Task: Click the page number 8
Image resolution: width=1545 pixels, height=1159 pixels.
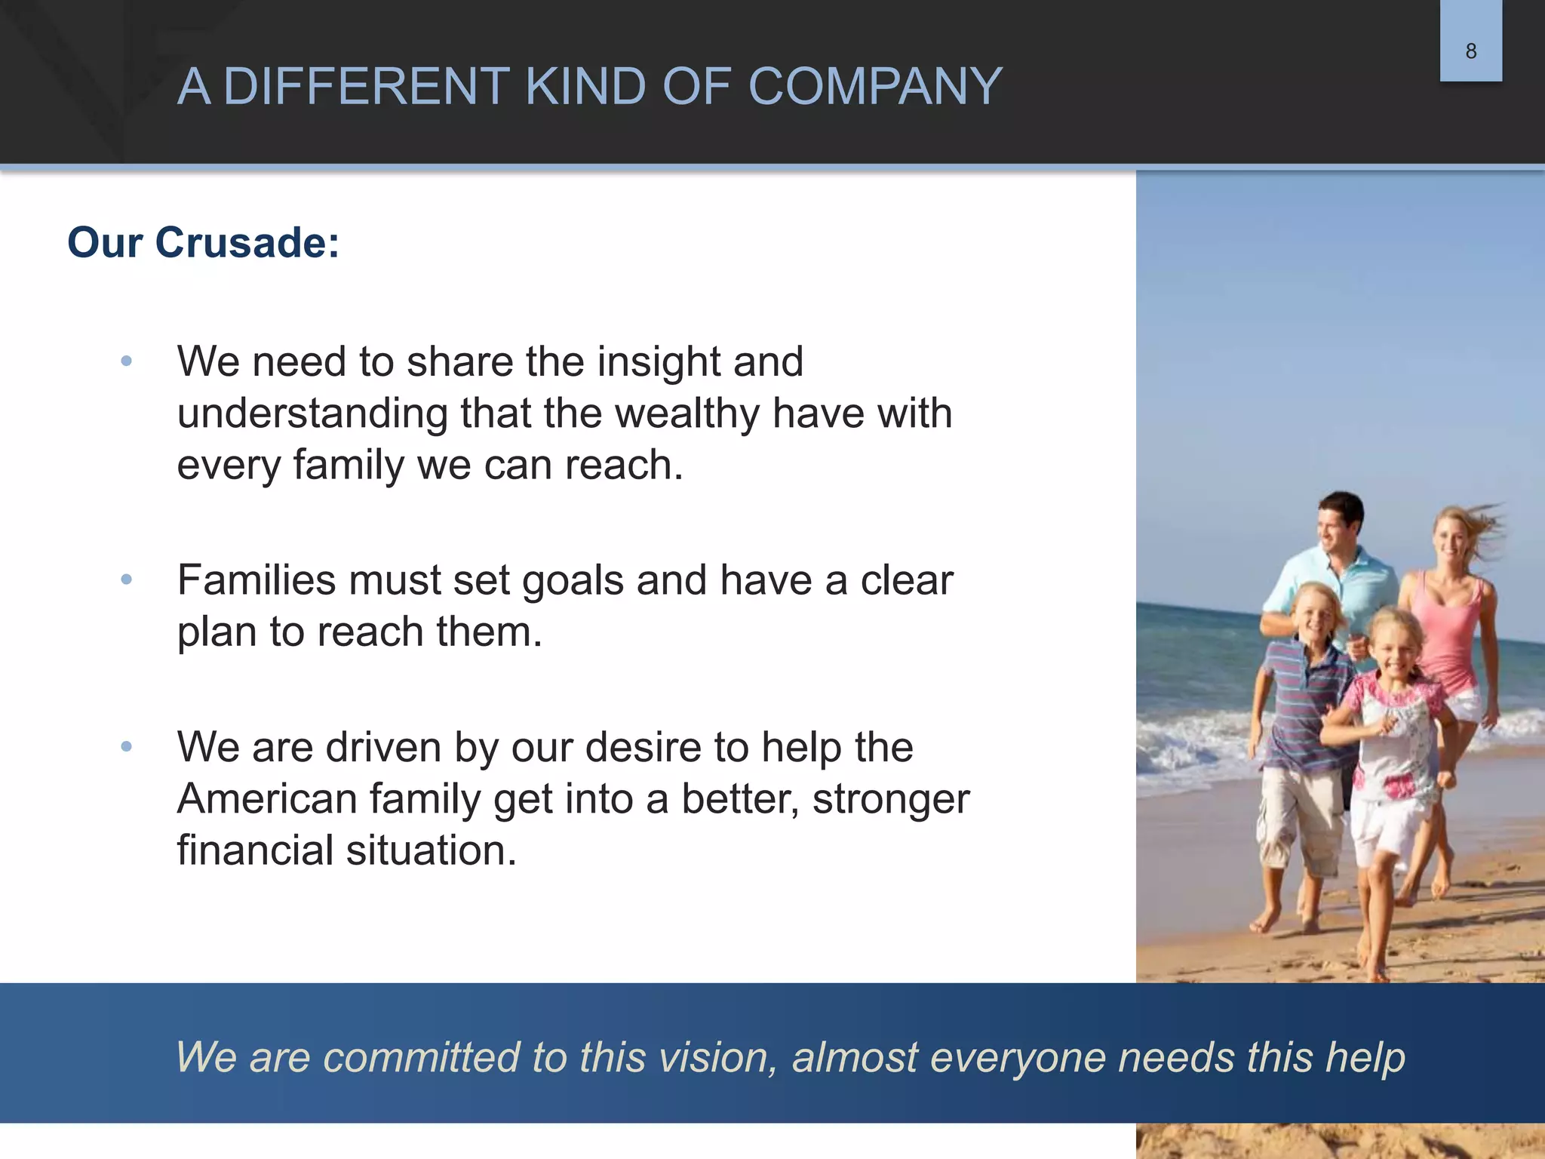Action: click(x=1470, y=51)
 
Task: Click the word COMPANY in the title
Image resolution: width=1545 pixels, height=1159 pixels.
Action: click(x=875, y=86)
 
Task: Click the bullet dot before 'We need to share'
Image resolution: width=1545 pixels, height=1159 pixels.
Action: click(x=127, y=361)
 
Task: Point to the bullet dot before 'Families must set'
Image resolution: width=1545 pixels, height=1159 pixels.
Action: click(x=127, y=579)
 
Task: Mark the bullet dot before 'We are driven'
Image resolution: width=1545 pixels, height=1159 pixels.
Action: click(x=127, y=747)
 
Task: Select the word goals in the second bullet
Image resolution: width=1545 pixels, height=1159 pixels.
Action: click(x=573, y=581)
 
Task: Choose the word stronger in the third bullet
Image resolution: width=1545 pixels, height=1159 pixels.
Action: click(x=890, y=800)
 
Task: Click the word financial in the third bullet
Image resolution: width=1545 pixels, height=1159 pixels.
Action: click(x=255, y=850)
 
